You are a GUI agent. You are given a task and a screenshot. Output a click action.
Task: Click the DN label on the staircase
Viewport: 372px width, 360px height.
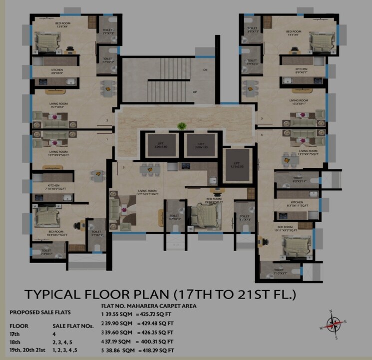coord(205,70)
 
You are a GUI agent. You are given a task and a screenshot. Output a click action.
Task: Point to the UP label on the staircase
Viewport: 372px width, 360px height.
coord(195,93)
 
